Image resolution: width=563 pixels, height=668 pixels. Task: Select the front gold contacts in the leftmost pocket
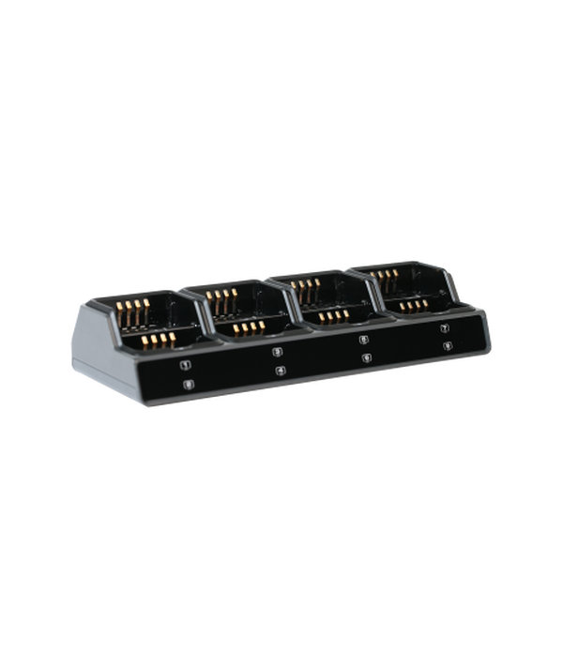tap(156, 338)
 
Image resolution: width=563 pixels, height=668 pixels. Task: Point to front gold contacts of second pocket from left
tap(249, 326)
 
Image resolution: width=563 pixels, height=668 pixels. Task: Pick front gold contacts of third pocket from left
tap(333, 316)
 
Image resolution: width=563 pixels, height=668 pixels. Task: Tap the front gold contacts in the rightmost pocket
tap(411, 306)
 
